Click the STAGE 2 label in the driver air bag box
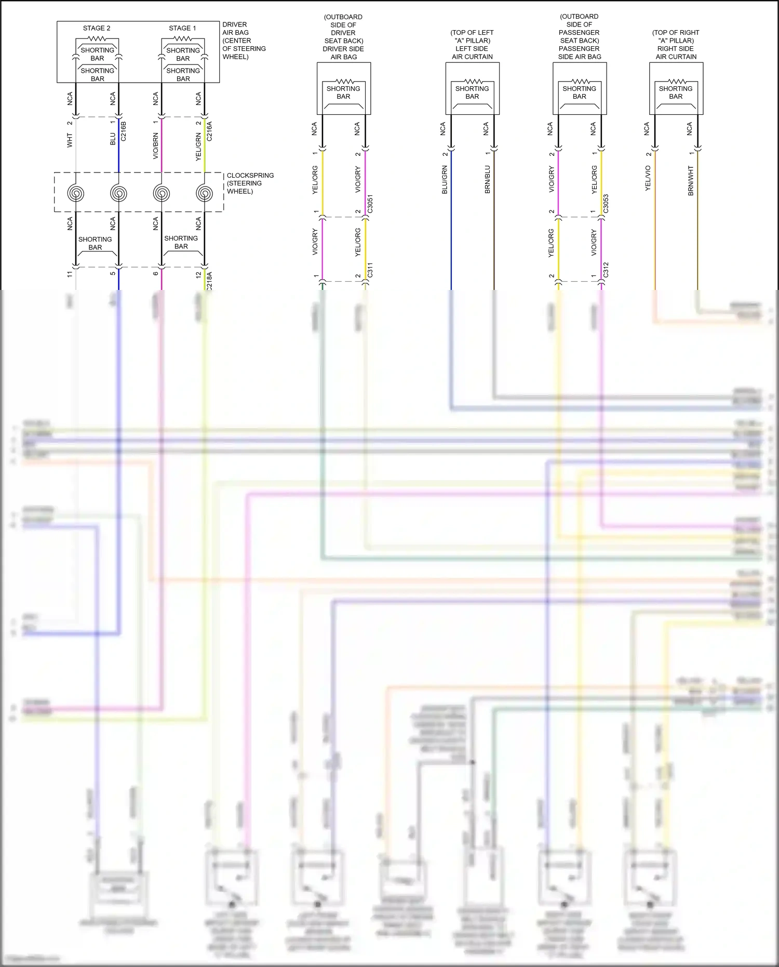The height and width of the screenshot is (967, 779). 97,28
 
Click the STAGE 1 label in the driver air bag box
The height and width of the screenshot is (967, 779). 182,28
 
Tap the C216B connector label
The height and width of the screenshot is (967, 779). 123,131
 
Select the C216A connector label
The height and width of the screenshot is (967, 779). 209,131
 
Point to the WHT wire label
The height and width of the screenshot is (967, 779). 70,140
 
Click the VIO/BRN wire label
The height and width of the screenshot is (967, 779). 155,146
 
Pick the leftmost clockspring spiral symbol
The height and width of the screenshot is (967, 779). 76,193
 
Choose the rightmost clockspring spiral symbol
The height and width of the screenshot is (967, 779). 205,193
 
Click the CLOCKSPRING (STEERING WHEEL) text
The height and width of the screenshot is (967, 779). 250,183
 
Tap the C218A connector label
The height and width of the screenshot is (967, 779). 209,281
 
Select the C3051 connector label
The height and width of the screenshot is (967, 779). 370,204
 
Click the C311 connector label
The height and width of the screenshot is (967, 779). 370,270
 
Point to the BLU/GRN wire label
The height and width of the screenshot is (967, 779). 445,180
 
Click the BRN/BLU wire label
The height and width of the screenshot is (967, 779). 487,180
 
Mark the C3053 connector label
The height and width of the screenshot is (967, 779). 606,204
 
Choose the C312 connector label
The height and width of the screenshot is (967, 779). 606,270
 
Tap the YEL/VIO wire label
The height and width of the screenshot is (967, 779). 648,178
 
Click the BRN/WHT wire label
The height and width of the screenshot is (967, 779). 691,180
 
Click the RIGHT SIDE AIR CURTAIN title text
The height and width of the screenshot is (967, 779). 676,52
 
